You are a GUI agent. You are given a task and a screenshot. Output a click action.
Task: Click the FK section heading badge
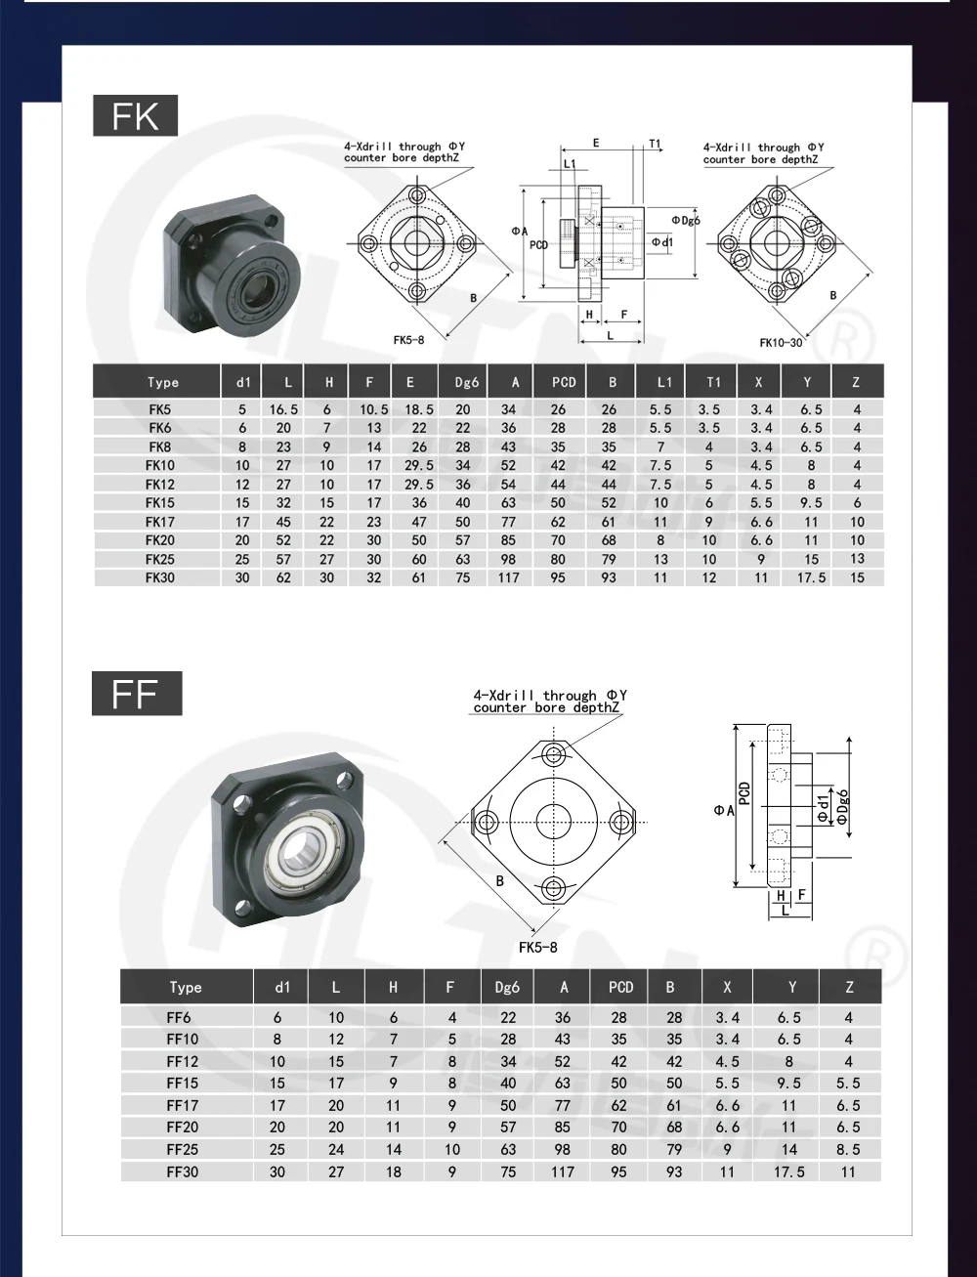tap(135, 115)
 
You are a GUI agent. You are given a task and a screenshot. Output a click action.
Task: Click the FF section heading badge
tap(136, 694)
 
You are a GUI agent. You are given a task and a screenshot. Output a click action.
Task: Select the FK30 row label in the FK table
tap(159, 577)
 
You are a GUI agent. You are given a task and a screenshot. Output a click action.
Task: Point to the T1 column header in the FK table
tap(709, 382)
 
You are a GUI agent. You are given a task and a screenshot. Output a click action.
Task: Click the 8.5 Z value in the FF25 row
tap(848, 1150)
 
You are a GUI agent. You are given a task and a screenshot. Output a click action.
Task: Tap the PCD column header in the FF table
tap(620, 988)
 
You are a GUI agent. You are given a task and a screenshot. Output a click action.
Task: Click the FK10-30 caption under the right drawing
tap(781, 343)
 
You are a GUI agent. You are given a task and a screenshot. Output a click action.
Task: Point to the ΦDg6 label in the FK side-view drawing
tap(686, 220)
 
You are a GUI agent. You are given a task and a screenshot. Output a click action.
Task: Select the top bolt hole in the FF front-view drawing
tap(555, 754)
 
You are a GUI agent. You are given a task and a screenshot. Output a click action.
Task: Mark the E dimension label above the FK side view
tap(596, 144)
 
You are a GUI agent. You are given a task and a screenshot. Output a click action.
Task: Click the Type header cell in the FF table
tap(186, 988)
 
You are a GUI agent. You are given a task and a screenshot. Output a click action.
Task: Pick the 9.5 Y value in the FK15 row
tap(811, 502)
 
